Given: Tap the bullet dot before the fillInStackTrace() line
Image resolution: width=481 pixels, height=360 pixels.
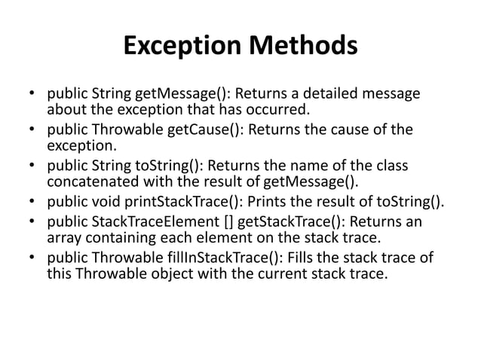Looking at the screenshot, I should pyautogui.click(x=32, y=259).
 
